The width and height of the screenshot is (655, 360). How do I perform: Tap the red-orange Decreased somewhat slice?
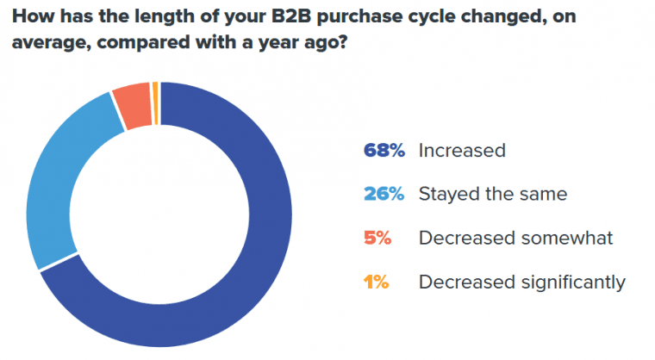[133, 109]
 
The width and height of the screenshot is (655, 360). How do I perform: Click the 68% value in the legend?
[384, 150]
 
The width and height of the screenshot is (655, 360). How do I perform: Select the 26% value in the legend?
[384, 194]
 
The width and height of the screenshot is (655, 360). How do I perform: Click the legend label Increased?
[461, 150]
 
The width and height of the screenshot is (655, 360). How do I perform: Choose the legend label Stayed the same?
[492, 194]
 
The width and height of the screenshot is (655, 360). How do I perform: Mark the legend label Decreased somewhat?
[515, 238]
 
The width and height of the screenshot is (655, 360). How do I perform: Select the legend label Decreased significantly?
[521, 282]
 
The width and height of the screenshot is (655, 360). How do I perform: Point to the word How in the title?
[25, 16]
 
